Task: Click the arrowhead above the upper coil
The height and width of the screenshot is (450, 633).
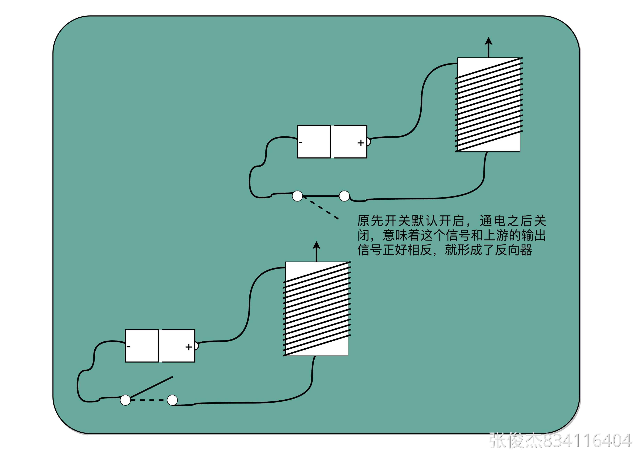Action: [488, 41]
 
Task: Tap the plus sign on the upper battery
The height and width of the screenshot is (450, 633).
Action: [360, 143]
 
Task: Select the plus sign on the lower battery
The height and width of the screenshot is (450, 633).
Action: [188, 347]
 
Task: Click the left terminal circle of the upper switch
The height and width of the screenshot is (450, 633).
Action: [298, 196]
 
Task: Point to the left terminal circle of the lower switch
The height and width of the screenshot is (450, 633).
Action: [125, 400]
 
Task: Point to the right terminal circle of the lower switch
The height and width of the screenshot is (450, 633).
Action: [172, 400]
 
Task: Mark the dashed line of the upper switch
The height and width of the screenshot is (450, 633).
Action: [321, 208]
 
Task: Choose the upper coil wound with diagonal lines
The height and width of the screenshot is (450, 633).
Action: [489, 105]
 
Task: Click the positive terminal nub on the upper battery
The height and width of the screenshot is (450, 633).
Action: [368, 142]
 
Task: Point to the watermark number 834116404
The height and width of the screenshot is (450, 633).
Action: [587, 441]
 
